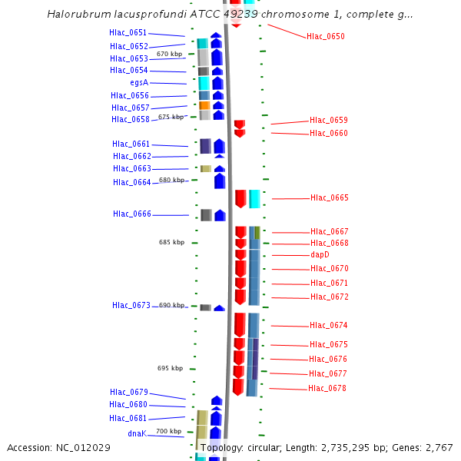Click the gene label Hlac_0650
(325, 37)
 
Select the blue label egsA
(139, 82)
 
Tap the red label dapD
(320, 254)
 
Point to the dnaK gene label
(137, 433)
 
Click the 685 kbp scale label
(171, 242)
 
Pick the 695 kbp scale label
(170, 368)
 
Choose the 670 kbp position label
(169, 55)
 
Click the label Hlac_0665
(329, 198)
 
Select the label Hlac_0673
(131, 305)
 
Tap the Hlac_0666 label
(132, 214)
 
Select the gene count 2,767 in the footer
(439, 447)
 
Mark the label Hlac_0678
(327, 389)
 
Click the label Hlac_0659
(328, 120)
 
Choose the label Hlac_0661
(131, 144)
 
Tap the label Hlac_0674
(329, 325)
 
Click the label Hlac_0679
(128, 392)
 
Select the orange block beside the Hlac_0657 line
(204, 105)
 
